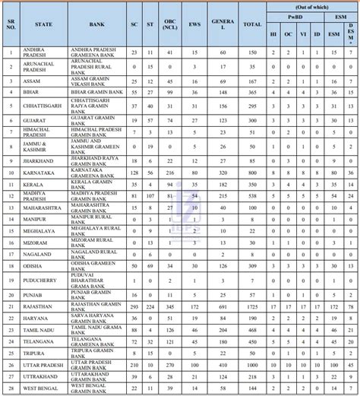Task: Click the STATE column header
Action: (43, 24)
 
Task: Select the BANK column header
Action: (96, 24)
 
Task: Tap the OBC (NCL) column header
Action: (172, 24)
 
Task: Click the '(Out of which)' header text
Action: (311, 4)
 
